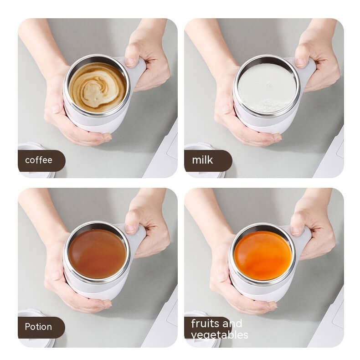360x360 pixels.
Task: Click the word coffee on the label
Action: tap(39, 160)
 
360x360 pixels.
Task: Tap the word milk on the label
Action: tap(202, 160)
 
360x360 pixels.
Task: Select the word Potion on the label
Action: tap(38, 327)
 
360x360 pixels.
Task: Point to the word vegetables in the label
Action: tap(220, 335)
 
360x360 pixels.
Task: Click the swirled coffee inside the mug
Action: tap(97, 87)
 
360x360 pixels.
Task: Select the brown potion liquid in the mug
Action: tap(97, 253)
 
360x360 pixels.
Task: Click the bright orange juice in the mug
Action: tap(262, 255)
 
